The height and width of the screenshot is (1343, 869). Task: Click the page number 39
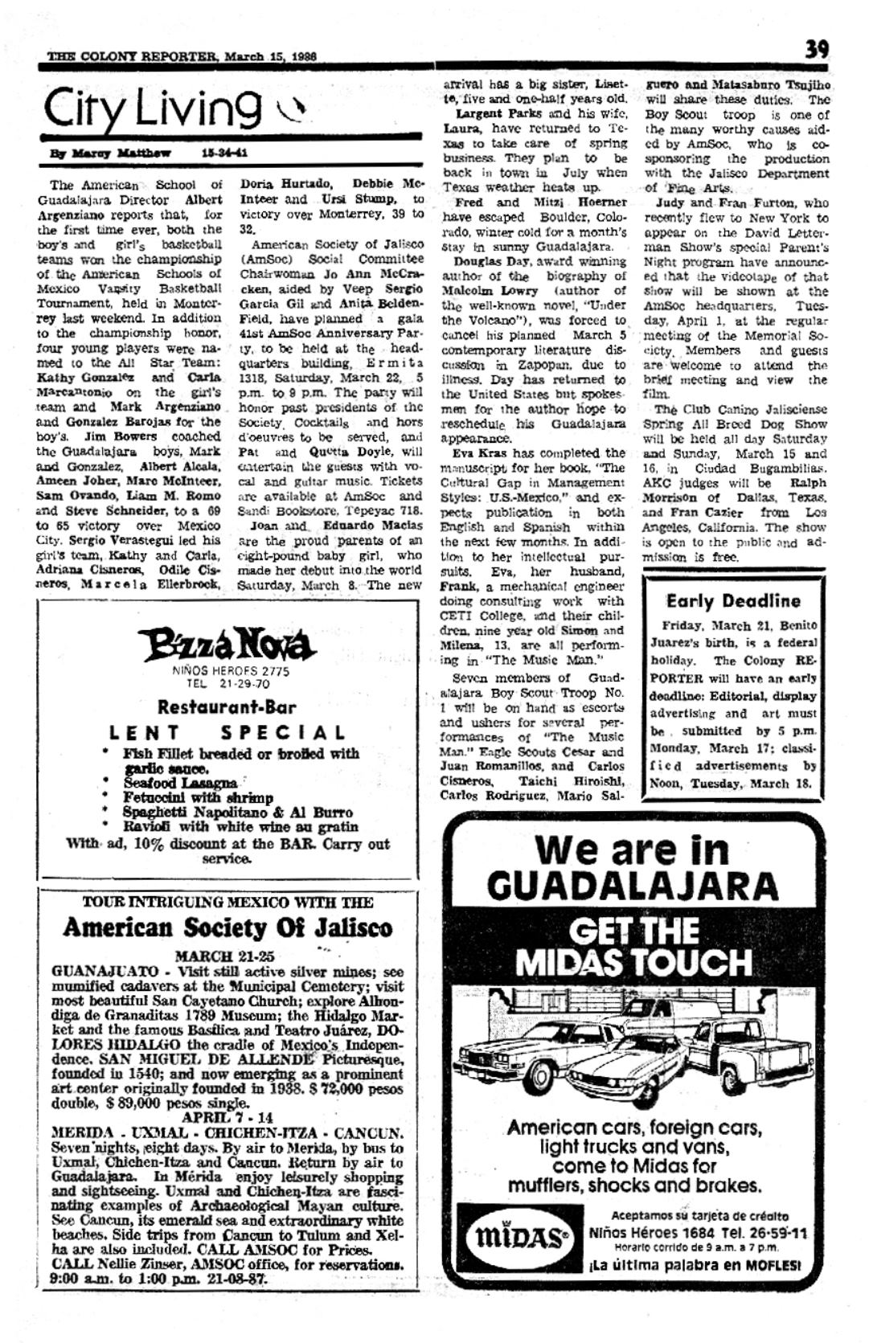pyautogui.click(x=817, y=50)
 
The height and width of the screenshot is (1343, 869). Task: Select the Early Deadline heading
pyautogui.click(x=733, y=600)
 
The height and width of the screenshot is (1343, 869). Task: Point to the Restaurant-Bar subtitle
pyautogui.click(x=227, y=707)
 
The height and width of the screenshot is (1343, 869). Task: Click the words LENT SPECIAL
pyautogui.click(x=228, y=733)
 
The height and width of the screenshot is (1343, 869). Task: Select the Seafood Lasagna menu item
pyautogui.click(x=180, y=783)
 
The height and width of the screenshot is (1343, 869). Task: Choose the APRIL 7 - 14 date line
pyautogui.click(x=227, y=1116)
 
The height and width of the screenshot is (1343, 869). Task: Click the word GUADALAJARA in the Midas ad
pyautogui.click(x=633, y=885)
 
